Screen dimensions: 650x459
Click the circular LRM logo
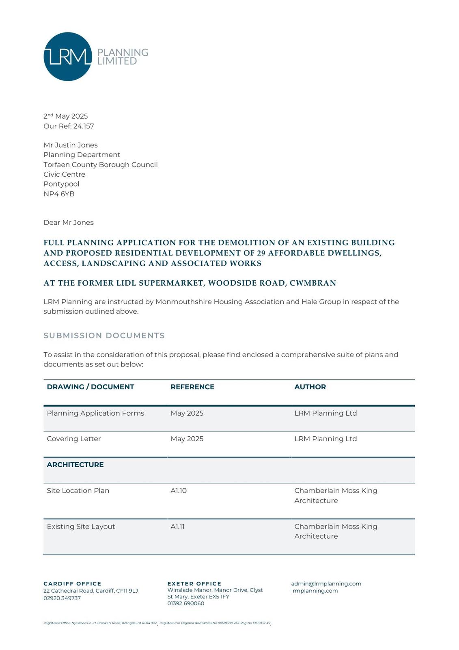point(68,56)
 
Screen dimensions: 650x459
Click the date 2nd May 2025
point(66,116)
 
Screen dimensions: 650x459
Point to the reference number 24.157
point(84,126)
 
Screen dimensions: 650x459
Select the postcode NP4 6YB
point(59,194)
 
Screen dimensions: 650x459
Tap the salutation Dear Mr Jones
point(69,223)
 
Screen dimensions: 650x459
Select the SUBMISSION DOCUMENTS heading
point(104,336)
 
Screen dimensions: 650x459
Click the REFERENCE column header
point(192,387)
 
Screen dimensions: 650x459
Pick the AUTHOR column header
point(310,387)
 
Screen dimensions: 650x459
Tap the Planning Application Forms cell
point(95,414)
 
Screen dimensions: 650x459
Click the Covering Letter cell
point(74,439)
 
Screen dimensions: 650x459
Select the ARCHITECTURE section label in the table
point(75,465)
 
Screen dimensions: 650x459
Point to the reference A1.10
point(179,491)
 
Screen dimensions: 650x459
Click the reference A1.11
point(178,526)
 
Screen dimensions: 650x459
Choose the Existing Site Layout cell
point(81,526)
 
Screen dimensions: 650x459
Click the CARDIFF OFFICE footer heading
point(72,584)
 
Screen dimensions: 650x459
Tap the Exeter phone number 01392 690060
point(186,604)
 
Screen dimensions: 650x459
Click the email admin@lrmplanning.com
point(326,584)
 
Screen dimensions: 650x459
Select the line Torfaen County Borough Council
point(101,165)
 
